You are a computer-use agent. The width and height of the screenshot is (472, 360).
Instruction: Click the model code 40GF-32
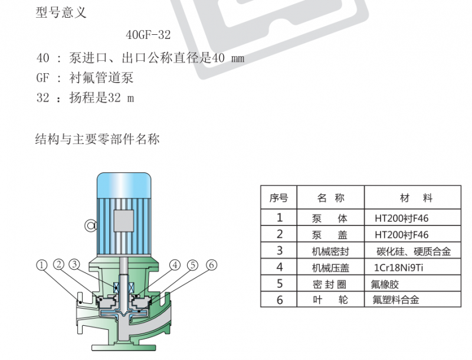point(148,35)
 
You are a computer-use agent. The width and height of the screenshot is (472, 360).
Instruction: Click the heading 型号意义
point(61,12)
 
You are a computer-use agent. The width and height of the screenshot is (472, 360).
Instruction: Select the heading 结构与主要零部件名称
point(97,139)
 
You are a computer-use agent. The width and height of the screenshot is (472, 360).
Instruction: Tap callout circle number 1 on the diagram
point(42,265)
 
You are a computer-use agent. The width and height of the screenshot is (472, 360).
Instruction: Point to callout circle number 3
point(74,264)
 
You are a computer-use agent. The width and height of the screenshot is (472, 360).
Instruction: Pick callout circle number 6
point(212,265)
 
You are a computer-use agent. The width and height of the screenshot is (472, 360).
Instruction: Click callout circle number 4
point(175,265)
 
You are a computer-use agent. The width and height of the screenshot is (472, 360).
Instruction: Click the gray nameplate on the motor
point(124,221)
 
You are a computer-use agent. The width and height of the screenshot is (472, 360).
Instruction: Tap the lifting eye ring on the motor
point(90,225)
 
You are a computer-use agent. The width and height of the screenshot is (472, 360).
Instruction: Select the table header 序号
point(278,198)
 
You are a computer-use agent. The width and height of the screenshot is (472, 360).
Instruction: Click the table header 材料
point(417,198)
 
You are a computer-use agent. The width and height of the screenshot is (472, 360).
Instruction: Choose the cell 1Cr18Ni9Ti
point(399,267)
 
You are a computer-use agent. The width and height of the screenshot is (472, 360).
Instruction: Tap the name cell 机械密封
point(330,251)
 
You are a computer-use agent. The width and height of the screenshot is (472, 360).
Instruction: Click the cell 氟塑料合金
point(396,300)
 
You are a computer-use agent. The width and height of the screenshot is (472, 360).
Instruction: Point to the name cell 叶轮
point(330,300)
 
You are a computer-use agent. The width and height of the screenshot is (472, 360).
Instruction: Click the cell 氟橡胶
point(385,284)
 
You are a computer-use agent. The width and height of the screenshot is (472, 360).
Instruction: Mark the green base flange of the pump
point(124,348)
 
